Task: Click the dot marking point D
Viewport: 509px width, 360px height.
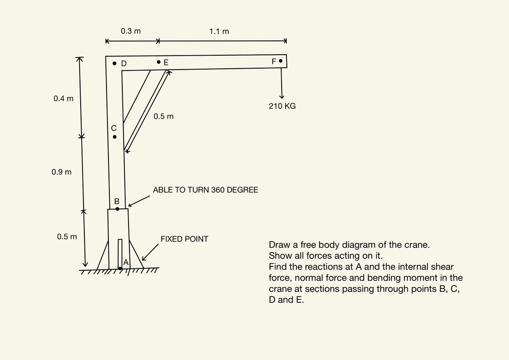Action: [114, 63]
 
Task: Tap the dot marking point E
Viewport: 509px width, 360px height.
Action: [159, 62]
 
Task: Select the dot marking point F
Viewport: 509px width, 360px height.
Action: [281, 61]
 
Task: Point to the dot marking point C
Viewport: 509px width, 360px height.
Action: [115, 137]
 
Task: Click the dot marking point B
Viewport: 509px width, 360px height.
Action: [117, 209]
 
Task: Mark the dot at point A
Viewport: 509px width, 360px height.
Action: [120, 268]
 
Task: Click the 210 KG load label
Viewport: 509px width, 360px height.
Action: [283, 106]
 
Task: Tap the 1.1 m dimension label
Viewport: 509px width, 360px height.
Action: [219, 32]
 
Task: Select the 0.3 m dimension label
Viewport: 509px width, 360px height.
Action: [131, 31]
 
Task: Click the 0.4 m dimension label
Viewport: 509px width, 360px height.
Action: [64, 99]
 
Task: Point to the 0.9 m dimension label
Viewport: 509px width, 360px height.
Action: [61, 172]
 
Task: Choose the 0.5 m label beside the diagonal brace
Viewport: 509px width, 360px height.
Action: [164, 117]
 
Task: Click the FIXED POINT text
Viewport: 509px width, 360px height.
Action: [184, 239]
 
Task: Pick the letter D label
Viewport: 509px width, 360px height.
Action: [124, 63]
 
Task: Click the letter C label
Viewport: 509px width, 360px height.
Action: [114, 128]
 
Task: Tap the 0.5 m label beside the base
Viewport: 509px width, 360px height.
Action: [67, 237]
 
